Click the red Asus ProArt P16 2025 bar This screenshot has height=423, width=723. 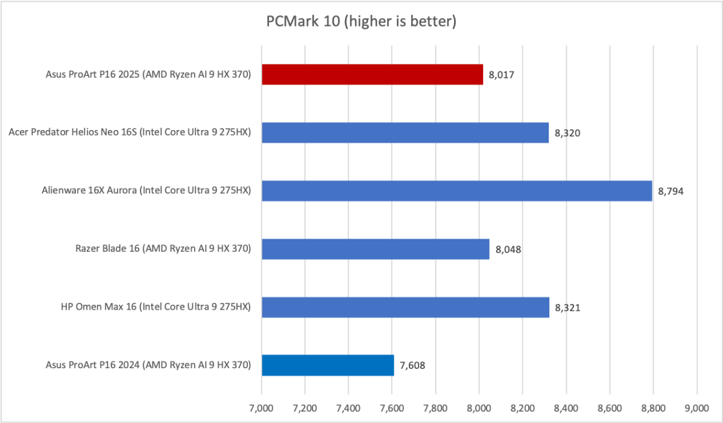(372, 75)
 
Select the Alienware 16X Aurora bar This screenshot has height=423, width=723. (456, 191)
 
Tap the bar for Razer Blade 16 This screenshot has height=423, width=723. (375, 249)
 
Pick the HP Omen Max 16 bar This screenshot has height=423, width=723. (405, 307)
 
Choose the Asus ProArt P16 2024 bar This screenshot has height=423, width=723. (327, 365)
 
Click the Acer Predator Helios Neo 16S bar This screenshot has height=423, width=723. (405, 133)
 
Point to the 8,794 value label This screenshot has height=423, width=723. (671, 192)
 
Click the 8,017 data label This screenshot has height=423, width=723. (501, 75)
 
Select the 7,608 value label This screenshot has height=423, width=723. (412, 365)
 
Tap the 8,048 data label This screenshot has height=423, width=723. (508, 249)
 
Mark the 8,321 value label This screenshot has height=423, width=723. (567, 307)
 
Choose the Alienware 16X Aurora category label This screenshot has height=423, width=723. (147, 191)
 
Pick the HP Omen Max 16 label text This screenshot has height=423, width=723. (148, 307)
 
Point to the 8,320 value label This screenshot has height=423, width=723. (567, 133)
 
